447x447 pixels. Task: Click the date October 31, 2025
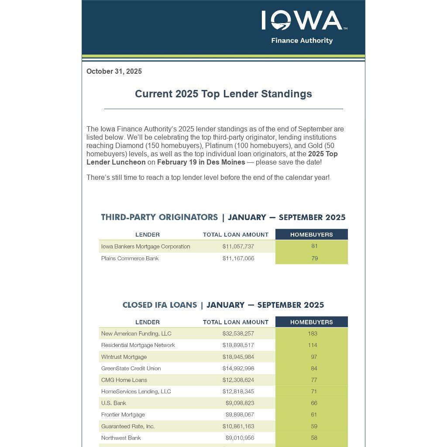tap(114, 72)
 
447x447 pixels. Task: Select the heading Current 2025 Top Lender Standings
tap(223, 94)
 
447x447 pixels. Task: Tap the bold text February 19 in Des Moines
tap(201, 162)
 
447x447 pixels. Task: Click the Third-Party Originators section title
tap(159, 217)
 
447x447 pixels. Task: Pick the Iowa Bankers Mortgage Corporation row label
tap(145, 247)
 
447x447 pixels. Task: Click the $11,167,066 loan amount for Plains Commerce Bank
tap(238, 258)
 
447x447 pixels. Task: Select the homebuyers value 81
tap(314, 246)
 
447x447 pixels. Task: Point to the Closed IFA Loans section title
tap(159, 305)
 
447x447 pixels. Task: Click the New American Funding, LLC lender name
tap(136, 334)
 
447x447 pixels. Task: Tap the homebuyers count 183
tap(313, 334)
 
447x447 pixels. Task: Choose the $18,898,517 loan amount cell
tap(238, 345)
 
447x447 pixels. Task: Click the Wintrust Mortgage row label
tap(124, 357)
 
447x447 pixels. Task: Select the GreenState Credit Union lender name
tap(131, 368)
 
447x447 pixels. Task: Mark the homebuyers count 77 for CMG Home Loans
tap(314, 380)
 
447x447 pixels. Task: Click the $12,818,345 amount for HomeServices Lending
tap(238, 392)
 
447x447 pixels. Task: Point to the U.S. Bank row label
tap(113, 403)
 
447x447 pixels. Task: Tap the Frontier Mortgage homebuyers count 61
tap(314, 415)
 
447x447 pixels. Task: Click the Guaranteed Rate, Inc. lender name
tap(128, 426)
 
